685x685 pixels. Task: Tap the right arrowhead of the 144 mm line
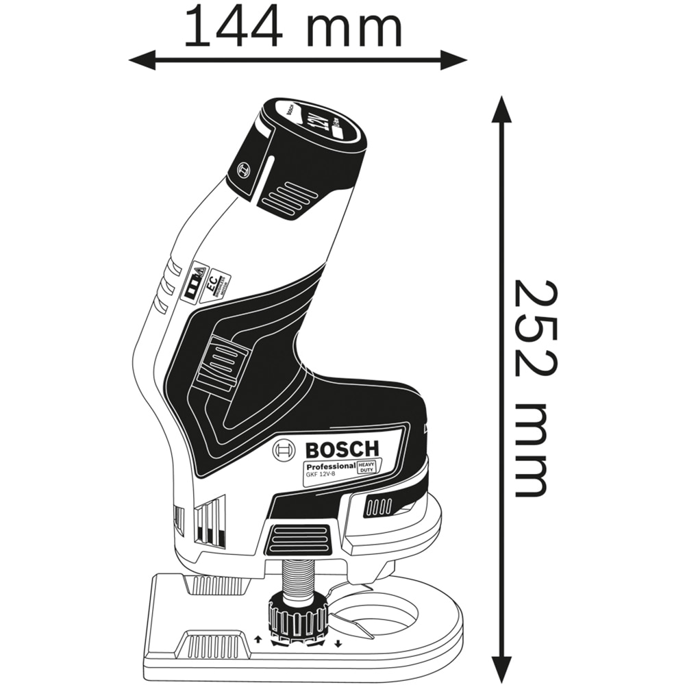[458, 60]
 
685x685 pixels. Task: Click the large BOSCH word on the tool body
[341, 450]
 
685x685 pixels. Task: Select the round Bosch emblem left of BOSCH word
[284, 451]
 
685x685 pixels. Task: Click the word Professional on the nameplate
[330, 466]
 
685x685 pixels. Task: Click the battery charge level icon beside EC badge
[196, 282]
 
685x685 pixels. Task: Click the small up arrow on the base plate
[257, 640]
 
